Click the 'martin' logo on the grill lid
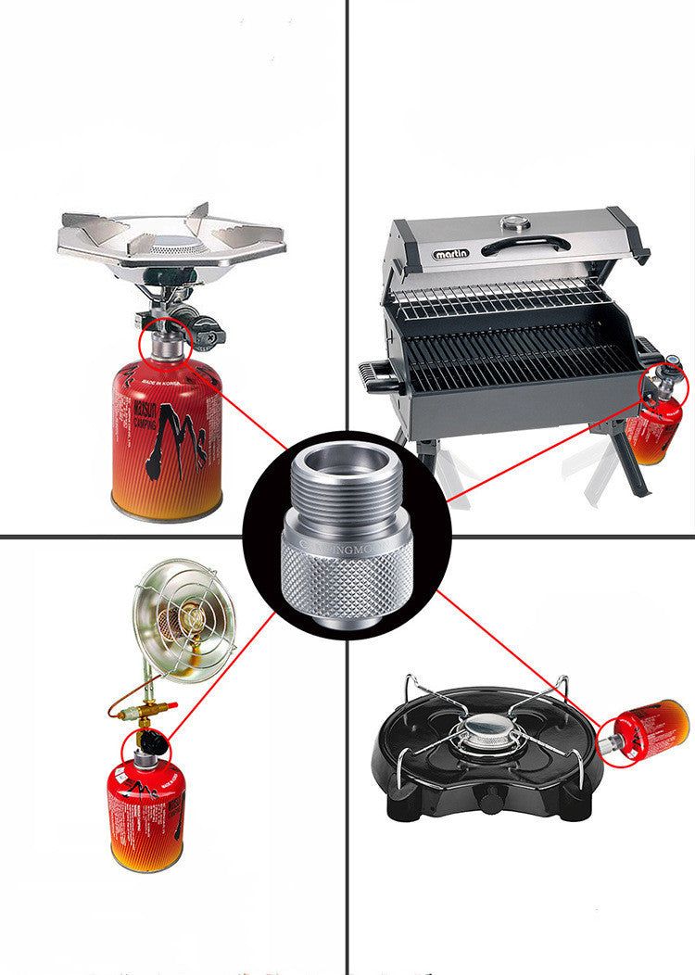pos(452,253)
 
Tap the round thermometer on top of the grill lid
pos(512,223)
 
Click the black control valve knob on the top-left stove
pos(207,328)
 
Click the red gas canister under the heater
pos(146,815)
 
